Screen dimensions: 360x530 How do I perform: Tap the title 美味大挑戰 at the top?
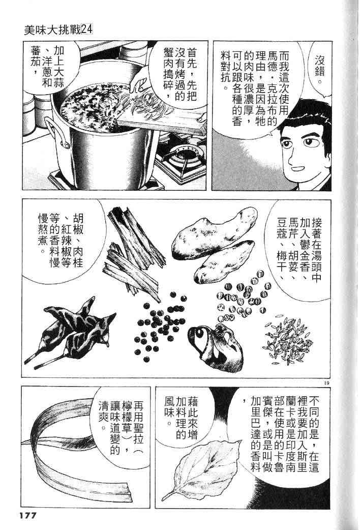(52, 31)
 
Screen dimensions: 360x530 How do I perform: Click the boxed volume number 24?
(87, 31)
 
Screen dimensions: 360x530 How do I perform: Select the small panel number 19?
(326, 383)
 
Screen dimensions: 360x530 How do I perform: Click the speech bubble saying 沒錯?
(319, 69)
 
